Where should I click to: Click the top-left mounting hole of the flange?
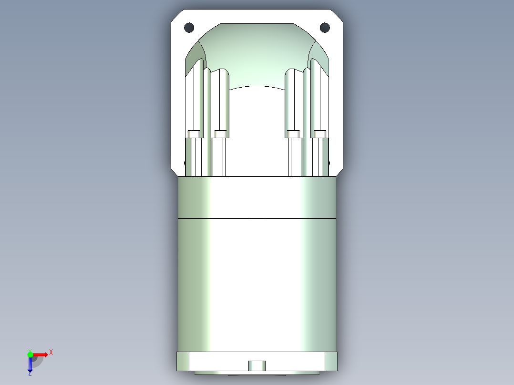coord(189,27)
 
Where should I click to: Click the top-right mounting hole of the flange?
coord(325,27)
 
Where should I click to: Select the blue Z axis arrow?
coord(30,365)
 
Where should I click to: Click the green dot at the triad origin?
coord(30,354)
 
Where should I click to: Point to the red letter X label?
coord(51,352)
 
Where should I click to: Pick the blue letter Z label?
coord(30,374)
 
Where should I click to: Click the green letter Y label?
coord(30,349)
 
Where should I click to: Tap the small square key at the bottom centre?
coord(257,365)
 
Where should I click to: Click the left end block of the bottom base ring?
coord(183,361)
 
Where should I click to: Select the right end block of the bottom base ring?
coord(331,361)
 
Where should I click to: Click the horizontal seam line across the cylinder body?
coord(257,218)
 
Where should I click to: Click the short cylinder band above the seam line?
coord(257,197)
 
